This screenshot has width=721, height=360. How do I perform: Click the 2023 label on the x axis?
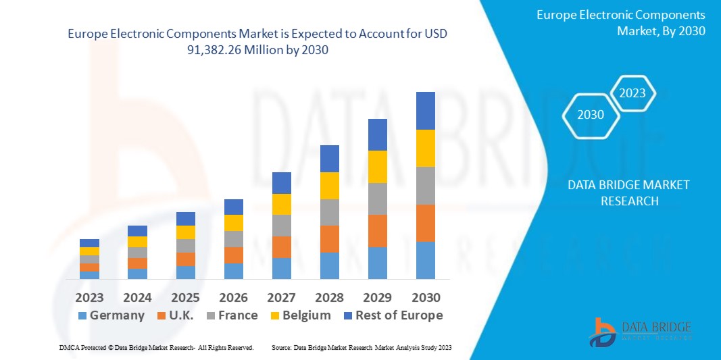pyautogui.click(x=89, y=297)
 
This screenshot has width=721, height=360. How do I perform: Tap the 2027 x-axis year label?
pyautogui.click(x=281, y=297)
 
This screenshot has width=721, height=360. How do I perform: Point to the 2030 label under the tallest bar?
pyautogui.click(x=426, y=297)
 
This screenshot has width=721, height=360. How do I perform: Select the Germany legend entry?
pyautogui.click(x=111, y=315)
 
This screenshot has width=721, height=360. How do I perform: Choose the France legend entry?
pyautogui.click(x=232, y=315)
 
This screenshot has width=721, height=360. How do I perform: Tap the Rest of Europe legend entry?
pyautogui.click(x=392, y=315)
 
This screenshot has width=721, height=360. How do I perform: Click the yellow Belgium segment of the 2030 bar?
pyautogui.click(x=426, y=148)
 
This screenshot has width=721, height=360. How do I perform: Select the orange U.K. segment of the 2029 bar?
pyautogui.click(x=378, y=231)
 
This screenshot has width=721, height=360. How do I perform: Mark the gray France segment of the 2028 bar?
pyautogui.click(x=329, y=212)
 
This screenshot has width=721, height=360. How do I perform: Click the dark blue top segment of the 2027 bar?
pyautogui.click(x=281, y=182)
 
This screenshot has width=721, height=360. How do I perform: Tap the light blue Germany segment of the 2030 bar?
pyautogui.click(x=426, y=260)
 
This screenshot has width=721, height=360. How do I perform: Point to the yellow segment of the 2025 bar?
pyautogui.click(x=185, y=232)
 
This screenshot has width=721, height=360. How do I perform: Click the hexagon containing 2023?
pyautogui.click(x=632, y=93)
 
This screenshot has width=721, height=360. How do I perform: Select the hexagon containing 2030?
pyautogui.click(x=591, y=115)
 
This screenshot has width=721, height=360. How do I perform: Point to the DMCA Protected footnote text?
pyautogui.click(x=156, y=347)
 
